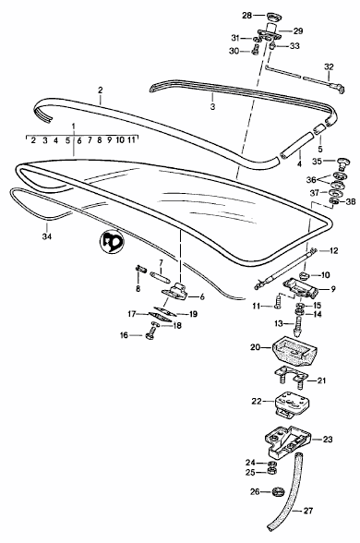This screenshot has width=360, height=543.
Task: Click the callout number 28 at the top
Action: (x=246, y=15)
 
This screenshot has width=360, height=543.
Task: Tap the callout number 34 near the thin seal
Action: (x=47, y=236)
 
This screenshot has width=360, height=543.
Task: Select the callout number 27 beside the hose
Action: (x=308, y=511)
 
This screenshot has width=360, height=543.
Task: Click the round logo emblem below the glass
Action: (x=111, y=242)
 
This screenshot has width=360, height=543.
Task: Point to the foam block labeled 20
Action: (x=295, y=351)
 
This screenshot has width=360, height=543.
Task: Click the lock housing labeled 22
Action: (x=292, y=404)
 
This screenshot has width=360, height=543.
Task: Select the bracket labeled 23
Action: (x=287, y=440)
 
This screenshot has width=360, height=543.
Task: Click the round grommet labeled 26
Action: (x=277, y=491)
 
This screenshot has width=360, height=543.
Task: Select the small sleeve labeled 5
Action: (x=318, y=130)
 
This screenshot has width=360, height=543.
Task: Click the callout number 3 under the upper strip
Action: (x=212, y=107)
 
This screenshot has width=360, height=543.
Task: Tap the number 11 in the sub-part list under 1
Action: (x=131, y=140)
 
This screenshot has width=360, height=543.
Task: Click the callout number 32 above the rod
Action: (x=329, y=66)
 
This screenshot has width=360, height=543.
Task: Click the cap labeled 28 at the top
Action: (x=273, y=17)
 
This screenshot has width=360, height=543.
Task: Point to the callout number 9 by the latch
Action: (x=333, y=289)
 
